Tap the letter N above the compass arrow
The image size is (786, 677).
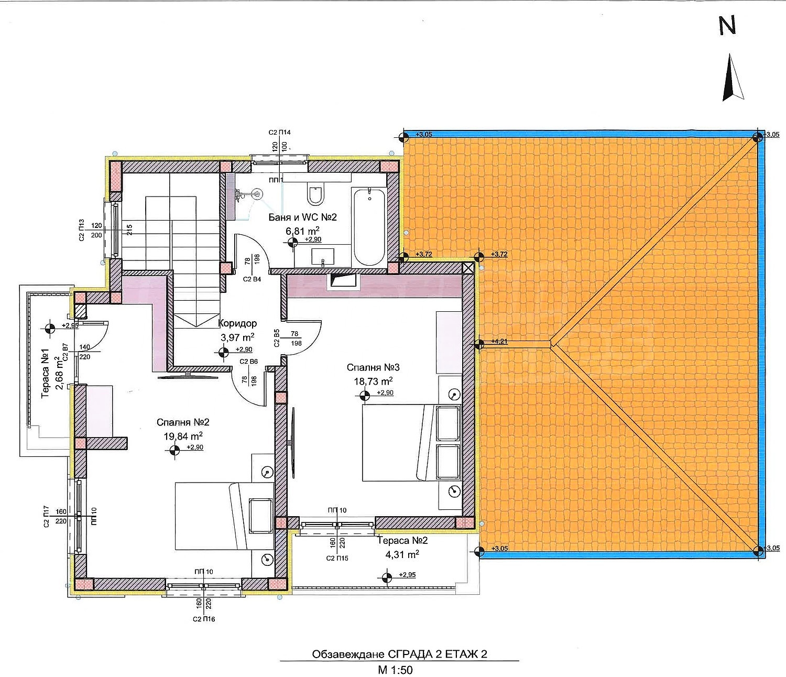coord(727,25)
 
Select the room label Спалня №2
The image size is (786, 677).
coord(183,422)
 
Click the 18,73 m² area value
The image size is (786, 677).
coord(373,381)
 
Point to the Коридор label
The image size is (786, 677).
coord(237,323)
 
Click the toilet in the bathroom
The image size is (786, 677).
coord(315,195)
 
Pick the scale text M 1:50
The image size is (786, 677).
coord(396,669)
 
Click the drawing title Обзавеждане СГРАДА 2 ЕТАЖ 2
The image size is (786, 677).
coord(399,654)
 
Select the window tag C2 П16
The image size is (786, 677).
coord(204,619)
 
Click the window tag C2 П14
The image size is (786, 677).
coord(279,133)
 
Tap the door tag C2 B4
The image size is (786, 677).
coord(252,279)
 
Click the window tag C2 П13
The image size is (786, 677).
coord(82,230)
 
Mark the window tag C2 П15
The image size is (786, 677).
coord(337,558)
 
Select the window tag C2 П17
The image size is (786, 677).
coord(46,517)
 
